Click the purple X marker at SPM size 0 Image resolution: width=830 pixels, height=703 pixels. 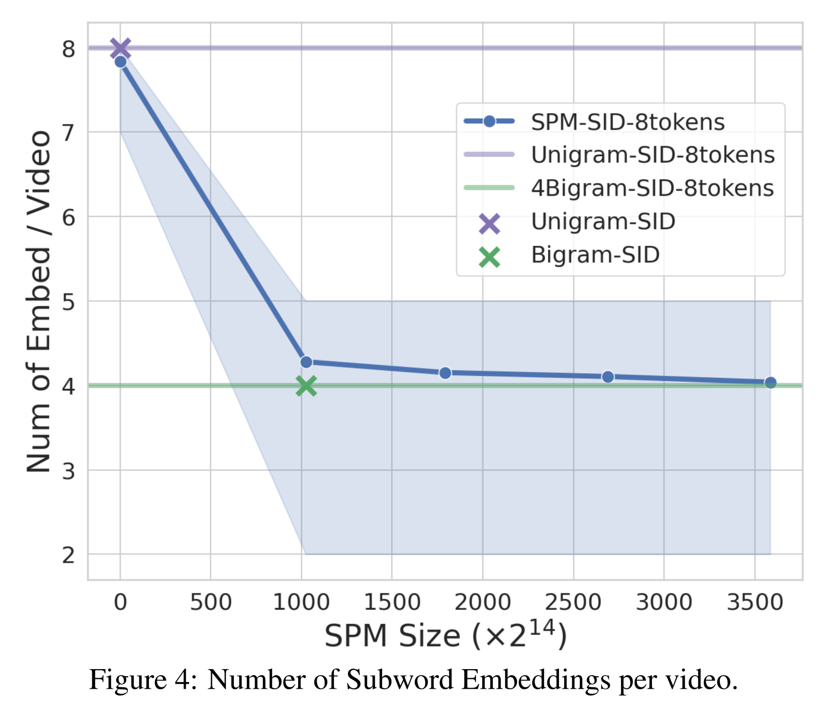click(x=120, y=48)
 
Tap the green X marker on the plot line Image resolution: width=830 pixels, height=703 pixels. click(x=306, y=386)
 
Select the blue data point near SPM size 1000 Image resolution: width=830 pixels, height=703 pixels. click(x=306, y=362)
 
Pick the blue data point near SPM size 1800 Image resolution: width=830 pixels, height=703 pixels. click(x=445, y=373)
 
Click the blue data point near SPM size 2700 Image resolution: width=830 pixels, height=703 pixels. click(x=608, y=377)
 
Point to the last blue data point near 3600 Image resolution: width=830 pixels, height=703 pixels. click(x=770, y=383)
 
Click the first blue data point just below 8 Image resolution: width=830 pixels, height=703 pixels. click(x=121, y=62)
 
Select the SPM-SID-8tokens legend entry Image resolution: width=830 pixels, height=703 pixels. click(x=627, y=122)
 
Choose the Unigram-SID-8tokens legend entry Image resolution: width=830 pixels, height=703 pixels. click(x=652, y=155)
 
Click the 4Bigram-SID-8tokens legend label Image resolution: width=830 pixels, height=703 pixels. click(x=652, y=188)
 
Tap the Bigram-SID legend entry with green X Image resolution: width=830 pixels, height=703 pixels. click(x=595, y=255)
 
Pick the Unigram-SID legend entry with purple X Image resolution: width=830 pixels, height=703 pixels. click(x=603, y=222)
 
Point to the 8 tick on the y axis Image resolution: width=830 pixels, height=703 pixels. click(x=69, y=49)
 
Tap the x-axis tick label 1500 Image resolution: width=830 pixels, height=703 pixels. click(x=392, y=602)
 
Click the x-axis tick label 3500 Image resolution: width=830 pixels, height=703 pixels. click(x=755, y=602)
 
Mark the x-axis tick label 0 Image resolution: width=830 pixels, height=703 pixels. click(x=120, y=602)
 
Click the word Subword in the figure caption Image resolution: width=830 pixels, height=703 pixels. click(x=399, y=680)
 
